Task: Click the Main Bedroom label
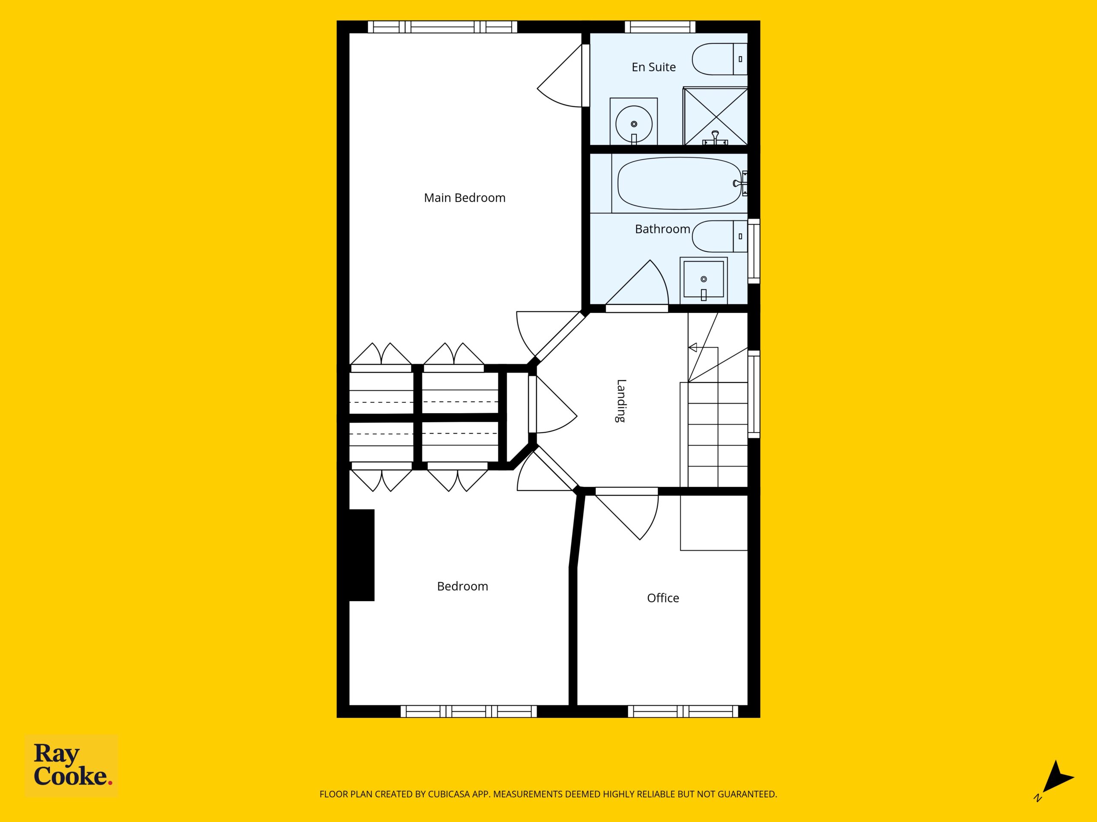465,198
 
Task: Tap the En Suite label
653,67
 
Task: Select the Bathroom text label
662,229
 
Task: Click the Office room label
663,598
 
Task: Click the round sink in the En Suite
634,124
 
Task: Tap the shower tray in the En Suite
716,116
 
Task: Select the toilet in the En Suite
719,59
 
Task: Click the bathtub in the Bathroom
680,183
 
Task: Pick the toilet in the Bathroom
719,236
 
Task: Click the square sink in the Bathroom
703,280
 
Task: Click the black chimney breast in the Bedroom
362,555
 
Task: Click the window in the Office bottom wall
683,712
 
